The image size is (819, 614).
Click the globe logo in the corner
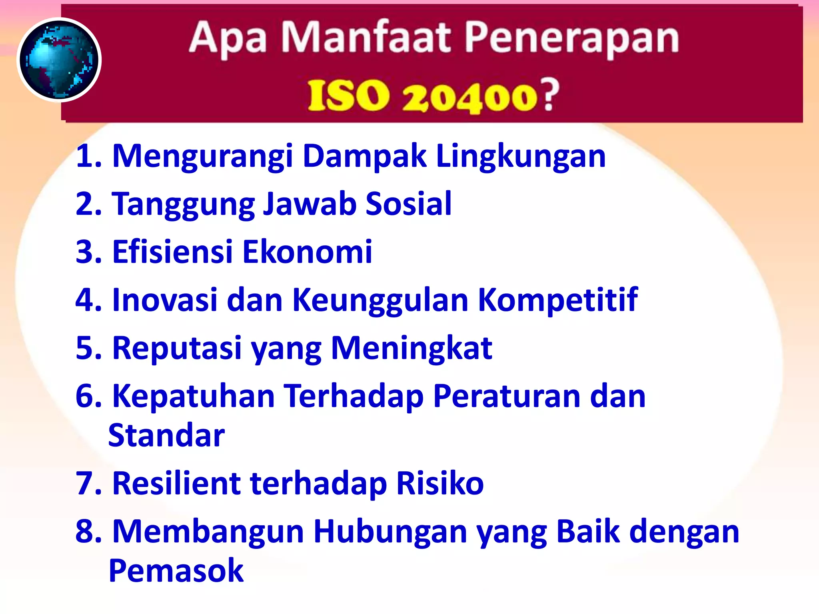(59, 60)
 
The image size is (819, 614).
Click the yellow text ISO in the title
(348, 96)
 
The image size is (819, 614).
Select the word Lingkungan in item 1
(521, 156)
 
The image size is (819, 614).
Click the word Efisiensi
(172, 252)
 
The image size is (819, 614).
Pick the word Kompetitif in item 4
(558, 300)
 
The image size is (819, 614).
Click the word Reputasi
(177, 348)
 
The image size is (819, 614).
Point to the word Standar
(166, 435)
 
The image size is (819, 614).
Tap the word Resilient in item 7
(176, 483)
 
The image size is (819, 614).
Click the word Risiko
(440, 483)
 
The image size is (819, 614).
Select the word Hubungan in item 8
(390, 532)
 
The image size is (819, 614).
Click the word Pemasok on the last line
(176, 570)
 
